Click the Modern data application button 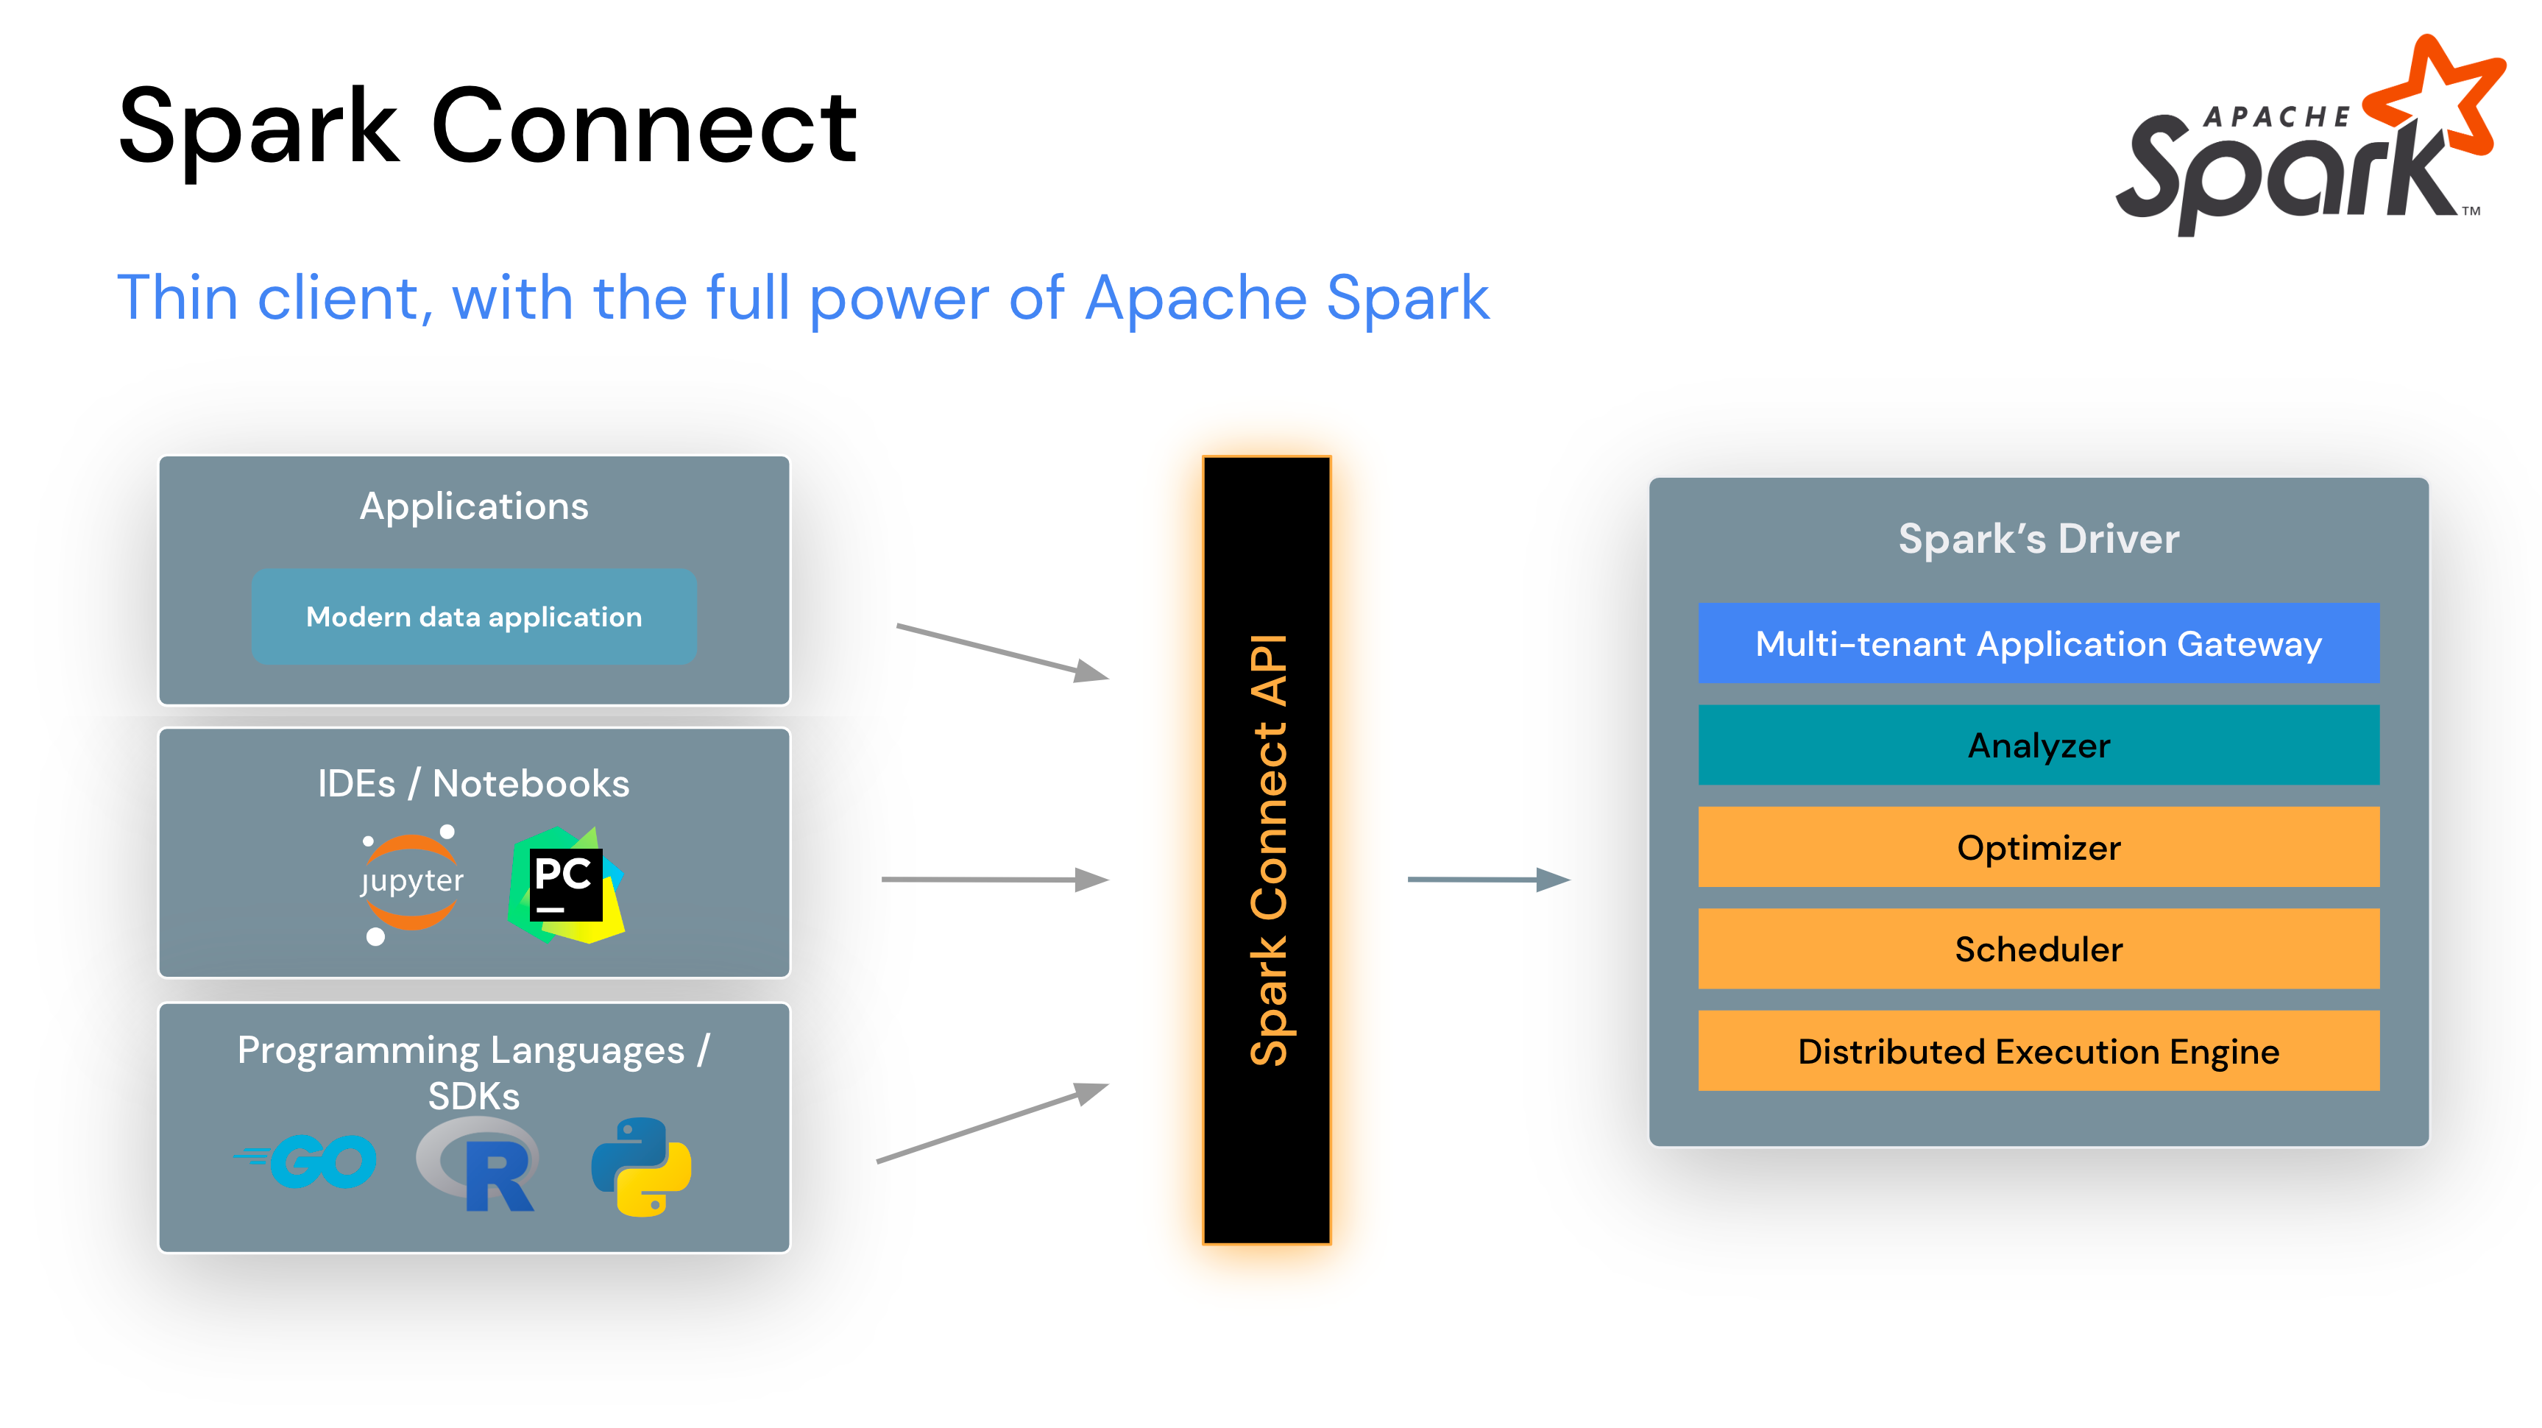coord(475,617)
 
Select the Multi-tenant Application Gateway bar coord(2039,643)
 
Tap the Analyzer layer coord(2039,745)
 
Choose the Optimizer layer coord(2039,846)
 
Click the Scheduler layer coord(2039,948)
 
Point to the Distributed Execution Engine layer coord(2039,1051)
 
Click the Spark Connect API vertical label coord(1268,849)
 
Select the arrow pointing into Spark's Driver coord(1489,878)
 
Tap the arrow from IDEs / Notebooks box coord(996,878)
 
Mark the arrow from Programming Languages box coord(993,1123)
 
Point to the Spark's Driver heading coord(2039,539)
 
